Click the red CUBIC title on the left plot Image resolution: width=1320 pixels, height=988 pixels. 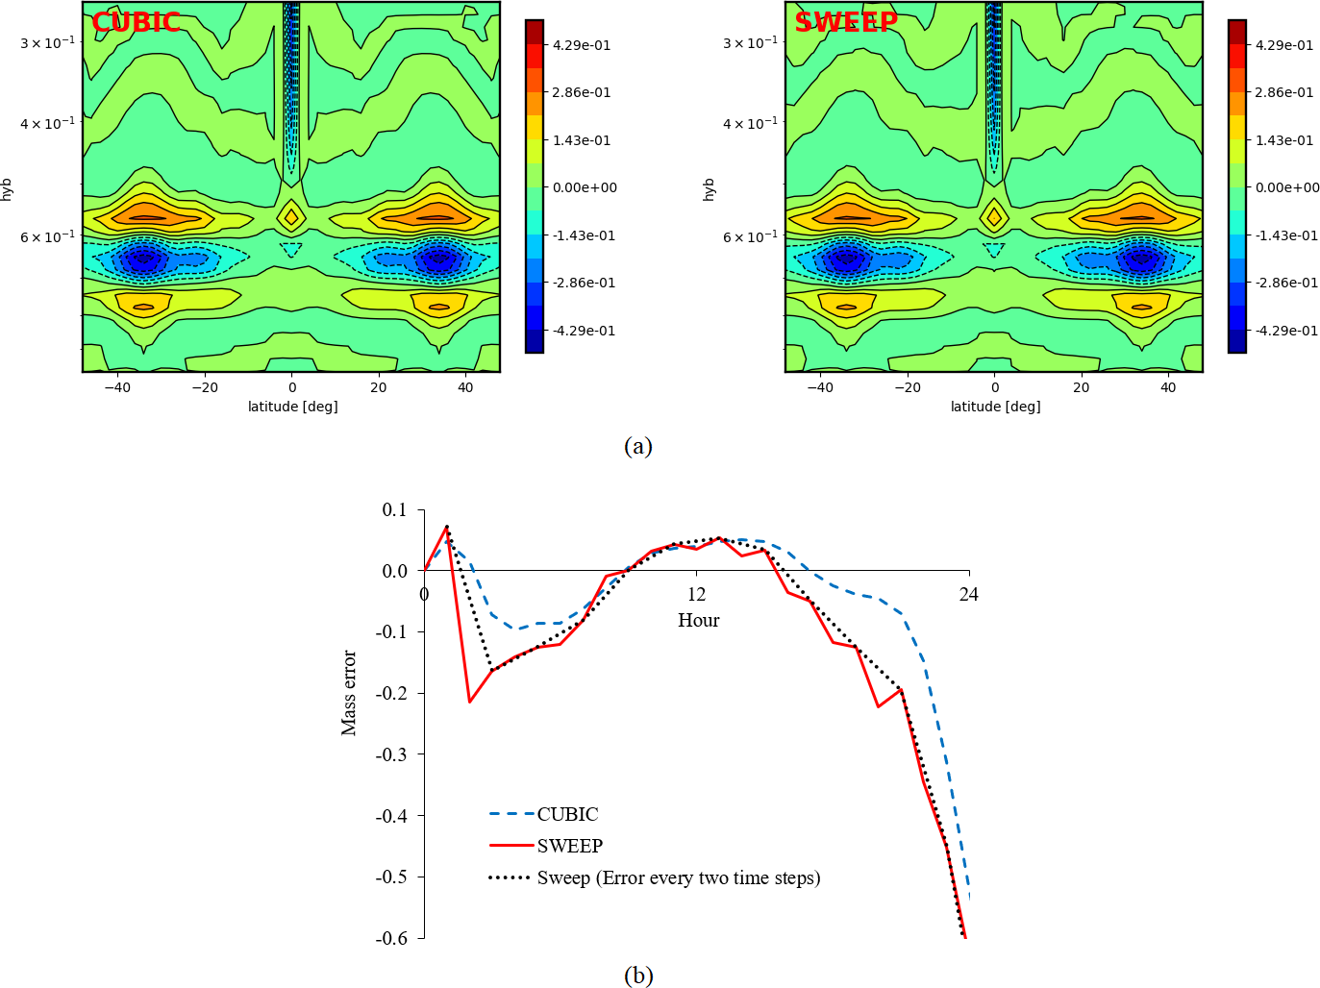(137, 22)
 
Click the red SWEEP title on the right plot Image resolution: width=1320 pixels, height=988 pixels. (846, 22)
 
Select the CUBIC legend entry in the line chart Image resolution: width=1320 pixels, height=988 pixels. (567, 814)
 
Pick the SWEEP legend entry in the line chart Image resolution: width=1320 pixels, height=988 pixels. (569, 846)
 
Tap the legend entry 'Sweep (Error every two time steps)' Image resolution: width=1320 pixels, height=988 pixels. (678, 877)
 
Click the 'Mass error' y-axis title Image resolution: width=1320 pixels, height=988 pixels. (349, 693)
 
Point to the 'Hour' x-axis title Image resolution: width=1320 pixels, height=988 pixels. (698, 620)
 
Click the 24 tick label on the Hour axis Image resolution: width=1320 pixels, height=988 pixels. (968, 595)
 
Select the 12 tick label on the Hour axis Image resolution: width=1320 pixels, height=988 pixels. (696, 595)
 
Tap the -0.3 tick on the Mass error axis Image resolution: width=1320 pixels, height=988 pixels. (391, 754)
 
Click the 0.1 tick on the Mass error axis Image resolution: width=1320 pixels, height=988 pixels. (394, 509)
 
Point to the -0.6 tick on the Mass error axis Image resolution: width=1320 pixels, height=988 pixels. (391, 938)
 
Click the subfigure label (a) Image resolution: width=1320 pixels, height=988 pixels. (637, 446)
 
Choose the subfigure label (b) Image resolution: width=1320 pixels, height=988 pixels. (637, 976)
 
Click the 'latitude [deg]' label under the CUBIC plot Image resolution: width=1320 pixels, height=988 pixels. (292, 407)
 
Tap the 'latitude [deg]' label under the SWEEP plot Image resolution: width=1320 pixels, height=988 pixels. (995, 407)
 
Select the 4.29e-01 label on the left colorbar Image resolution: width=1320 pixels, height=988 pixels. (582, 45)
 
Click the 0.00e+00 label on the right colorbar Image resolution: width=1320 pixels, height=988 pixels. (1287, 187)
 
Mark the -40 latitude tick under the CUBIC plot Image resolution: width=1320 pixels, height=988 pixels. (117, 387)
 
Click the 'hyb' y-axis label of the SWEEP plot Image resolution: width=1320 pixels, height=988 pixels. (710, 188)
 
